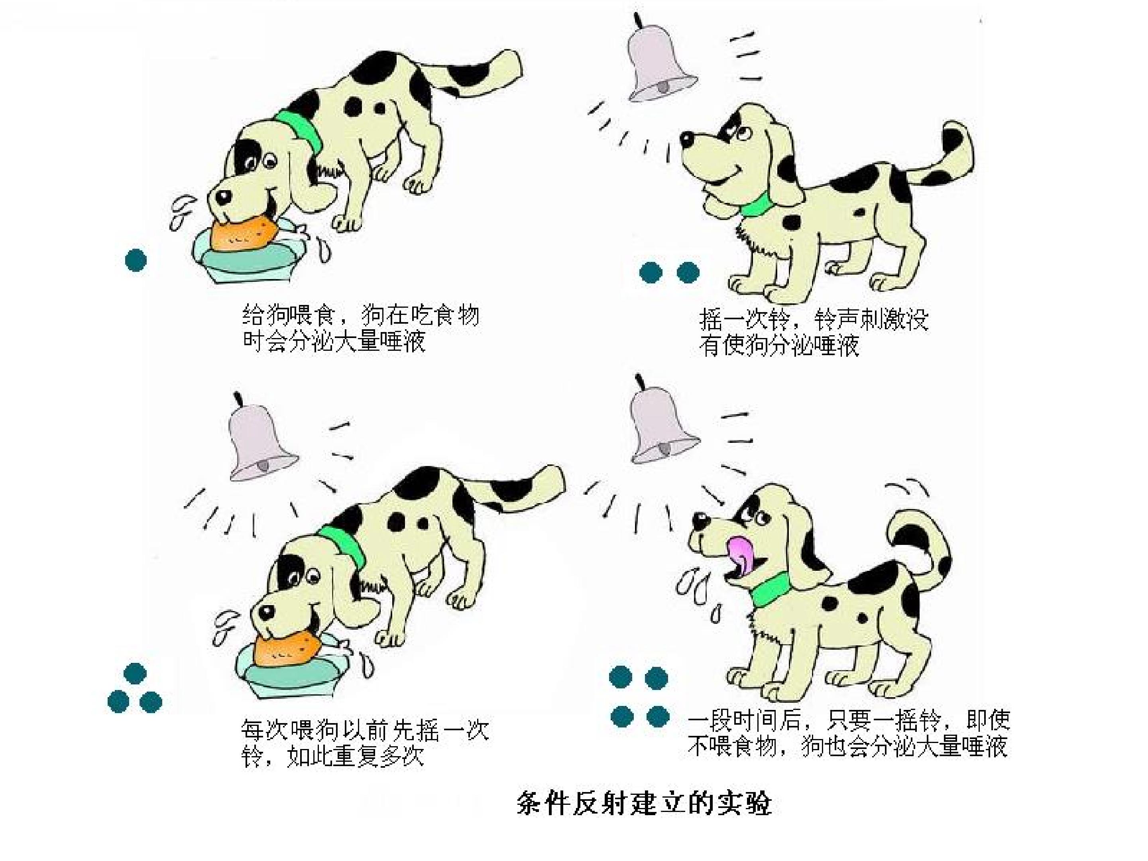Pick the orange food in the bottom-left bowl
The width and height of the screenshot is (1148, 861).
click(x=287, y=649)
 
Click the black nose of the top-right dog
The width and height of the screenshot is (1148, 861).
click(x=687, y=139)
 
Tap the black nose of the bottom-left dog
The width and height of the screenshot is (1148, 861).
click(x=266, y=611)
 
